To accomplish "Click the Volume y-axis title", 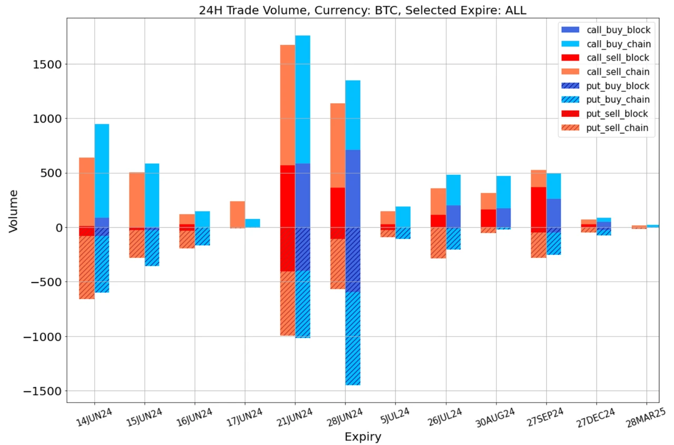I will pos(14,211).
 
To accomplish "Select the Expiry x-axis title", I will pos(362,437).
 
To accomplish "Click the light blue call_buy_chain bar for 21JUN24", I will pos(303,100).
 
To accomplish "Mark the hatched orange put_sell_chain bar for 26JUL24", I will pos(438,243).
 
